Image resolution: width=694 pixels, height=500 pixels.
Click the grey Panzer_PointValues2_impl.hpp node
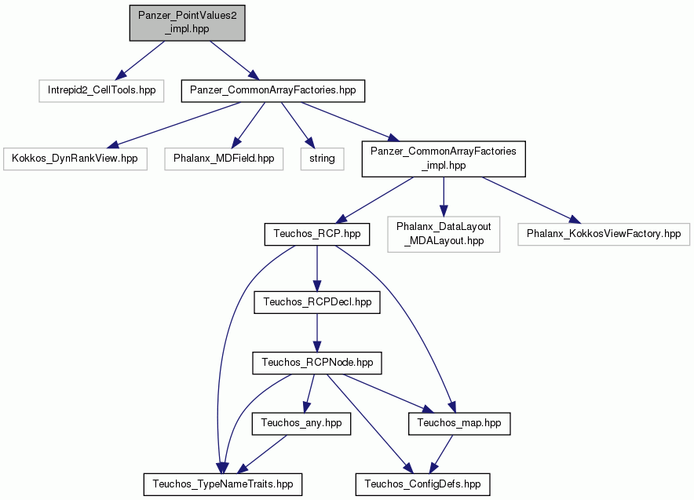187,23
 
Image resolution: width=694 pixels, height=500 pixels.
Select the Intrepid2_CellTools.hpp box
101,91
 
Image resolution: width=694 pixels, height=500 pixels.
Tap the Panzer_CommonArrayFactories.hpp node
273,91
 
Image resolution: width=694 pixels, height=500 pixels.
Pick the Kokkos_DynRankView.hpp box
75,159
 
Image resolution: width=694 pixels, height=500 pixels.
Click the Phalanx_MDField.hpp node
224,159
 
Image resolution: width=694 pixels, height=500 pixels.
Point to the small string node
322,159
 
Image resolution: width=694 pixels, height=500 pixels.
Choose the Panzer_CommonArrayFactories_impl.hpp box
444,159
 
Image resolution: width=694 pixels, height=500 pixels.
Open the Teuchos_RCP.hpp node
317,234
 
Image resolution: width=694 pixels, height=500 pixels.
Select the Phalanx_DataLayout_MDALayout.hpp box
444,234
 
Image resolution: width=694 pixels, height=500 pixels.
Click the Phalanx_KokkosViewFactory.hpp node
604,234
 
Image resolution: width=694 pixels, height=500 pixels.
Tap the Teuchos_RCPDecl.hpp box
317,302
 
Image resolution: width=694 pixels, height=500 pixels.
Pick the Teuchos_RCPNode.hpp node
317,363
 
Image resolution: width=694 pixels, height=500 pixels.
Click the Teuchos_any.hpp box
301,423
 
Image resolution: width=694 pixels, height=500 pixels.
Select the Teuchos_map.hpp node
459,423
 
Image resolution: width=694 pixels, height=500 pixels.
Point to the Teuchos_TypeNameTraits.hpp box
223,484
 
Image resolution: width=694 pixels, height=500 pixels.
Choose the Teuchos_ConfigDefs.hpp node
422,484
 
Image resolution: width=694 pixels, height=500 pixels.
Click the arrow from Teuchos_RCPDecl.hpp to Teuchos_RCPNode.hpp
317,333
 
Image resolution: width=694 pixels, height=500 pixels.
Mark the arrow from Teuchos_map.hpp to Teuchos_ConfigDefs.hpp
441,454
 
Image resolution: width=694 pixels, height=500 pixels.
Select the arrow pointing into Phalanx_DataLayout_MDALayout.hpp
444,197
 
